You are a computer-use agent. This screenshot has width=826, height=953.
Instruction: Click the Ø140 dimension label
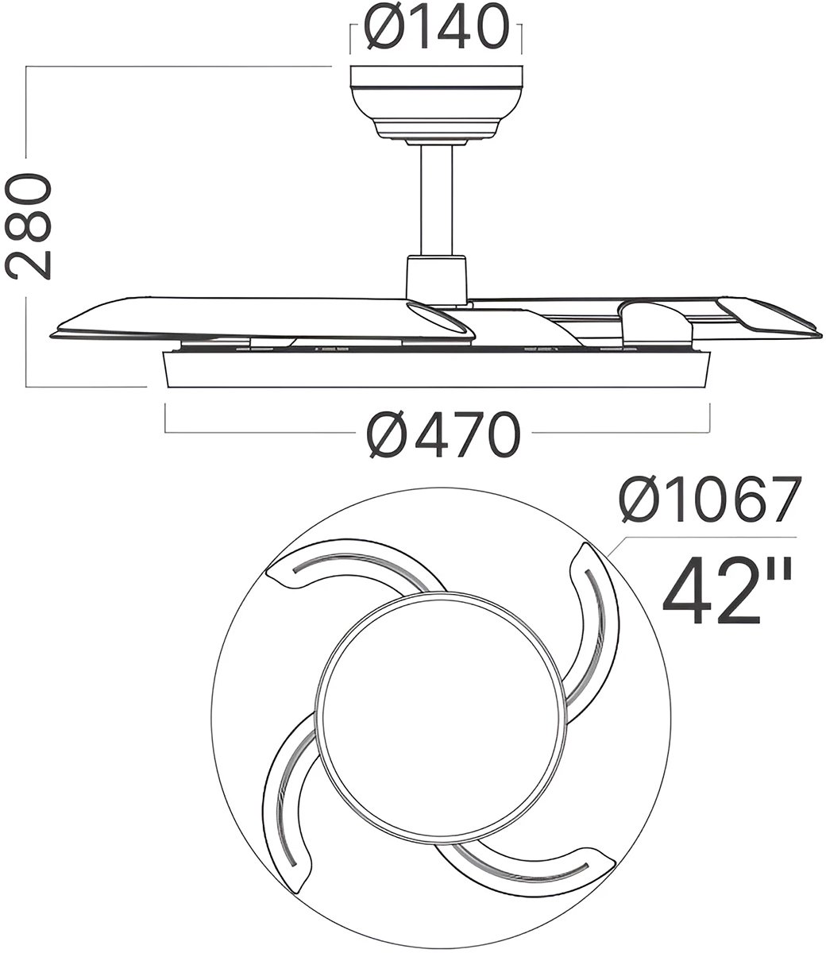tap(437, 26)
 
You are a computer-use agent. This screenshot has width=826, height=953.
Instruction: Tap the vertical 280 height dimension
tap(29, 226)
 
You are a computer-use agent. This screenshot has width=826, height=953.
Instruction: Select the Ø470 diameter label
tap(443, 434)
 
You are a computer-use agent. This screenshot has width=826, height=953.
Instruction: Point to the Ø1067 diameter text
tap(710, 500)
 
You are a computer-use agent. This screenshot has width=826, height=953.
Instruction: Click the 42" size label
tap(727, 591)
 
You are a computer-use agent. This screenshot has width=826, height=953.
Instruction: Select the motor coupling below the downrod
tap(436, 278)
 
